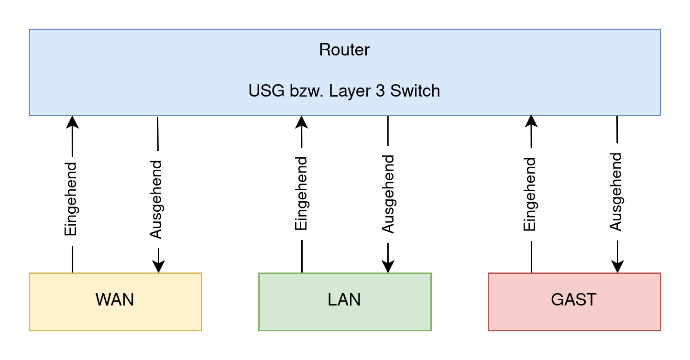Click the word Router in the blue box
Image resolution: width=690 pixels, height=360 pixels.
pyautogui.click(x=344, y=50)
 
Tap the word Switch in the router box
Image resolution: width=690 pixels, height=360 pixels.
pyautogui.click(x=415, y=91)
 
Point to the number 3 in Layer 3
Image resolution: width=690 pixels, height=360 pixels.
pyautogui.click(x=380, y=91)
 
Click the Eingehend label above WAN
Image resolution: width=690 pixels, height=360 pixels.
pyautogui.click(x=71, y=201)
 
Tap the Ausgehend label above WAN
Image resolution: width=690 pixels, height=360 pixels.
pyautogui.click(x=157, y=199)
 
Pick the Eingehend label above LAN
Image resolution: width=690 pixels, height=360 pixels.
pyautogui.click(x=302, y=194)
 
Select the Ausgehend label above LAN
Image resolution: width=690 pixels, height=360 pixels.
pyautogui.click(x=389, y=194)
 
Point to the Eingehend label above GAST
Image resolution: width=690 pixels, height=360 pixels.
pyautogui.click(x=531, y=194)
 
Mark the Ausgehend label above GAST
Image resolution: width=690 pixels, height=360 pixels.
pyautogui.click(x=617, y=192)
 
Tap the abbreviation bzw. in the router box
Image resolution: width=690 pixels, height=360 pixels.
pyautogui.click(x=306, y=91)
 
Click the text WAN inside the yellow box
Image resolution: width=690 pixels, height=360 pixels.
pyautogui.click(x=115, y=300)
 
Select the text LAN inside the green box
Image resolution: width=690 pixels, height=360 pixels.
pyautogui.click(x=344, y=300)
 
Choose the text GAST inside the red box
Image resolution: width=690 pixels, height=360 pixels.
pyautogui.click(x=574, y=300)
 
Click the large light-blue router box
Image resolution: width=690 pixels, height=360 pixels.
pyautogui.click(x=143, y=72)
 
